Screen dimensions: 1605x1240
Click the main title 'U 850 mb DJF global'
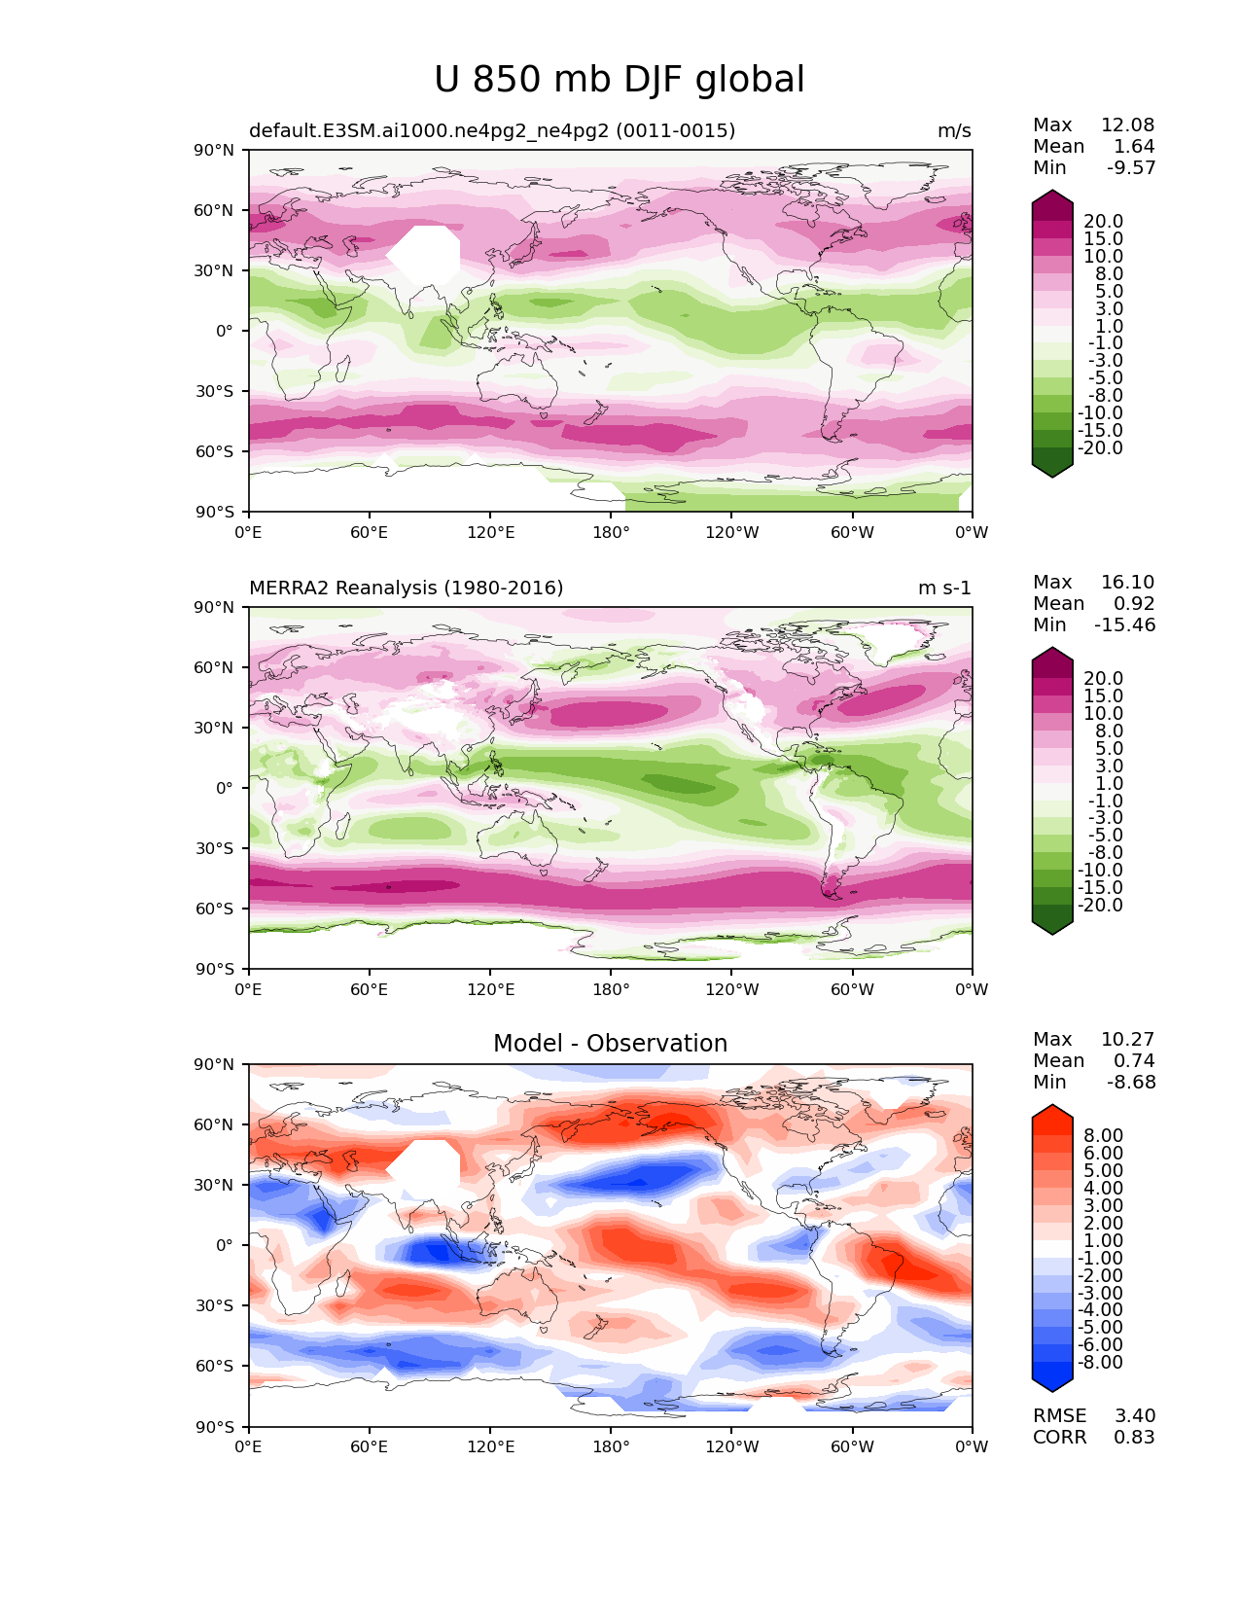(620, 80)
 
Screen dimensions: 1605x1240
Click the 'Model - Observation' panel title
(610, 1044)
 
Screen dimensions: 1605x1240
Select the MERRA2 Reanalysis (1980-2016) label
(406, 588)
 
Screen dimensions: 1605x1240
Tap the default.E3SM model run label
(491, 131)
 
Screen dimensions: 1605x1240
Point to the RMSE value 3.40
(1134, 1416)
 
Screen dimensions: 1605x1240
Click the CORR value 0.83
(1134, 1438)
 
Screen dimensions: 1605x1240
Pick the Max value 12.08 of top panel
(1127, 125)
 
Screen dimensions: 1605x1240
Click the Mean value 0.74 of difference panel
(1134, 1061)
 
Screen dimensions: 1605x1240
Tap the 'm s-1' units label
(944, 588)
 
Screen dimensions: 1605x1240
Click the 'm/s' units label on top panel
(954, 131)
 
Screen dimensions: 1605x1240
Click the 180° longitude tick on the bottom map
(611, 1447)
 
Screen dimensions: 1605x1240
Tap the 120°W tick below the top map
(731, 533)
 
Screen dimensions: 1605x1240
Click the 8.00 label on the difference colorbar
(1103, 1136)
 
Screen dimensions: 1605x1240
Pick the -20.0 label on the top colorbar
(1100, 448)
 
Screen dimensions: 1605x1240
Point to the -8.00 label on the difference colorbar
(1100, 1363)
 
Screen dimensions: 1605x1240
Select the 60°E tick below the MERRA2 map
(369, 990)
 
